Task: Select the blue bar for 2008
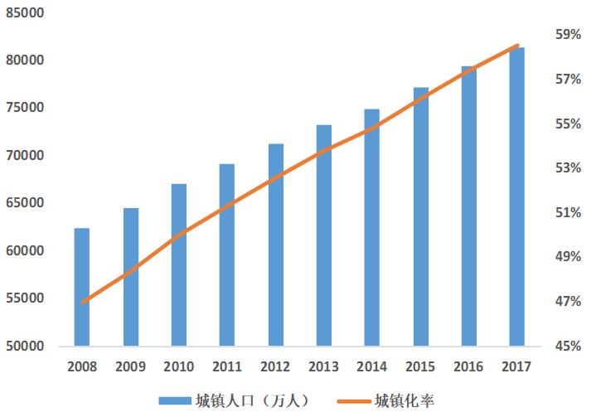coord(81,286)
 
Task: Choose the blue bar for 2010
coord(178,264)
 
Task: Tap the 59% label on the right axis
coord(568,35)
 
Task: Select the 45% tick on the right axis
coord(568,346)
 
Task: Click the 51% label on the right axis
coord(568,212)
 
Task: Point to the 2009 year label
coord(130,366)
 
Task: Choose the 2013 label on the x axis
coord(323,366)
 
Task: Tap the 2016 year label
coord(468,366)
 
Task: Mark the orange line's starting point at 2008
coord(82,303)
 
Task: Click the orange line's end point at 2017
coord(517,46)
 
